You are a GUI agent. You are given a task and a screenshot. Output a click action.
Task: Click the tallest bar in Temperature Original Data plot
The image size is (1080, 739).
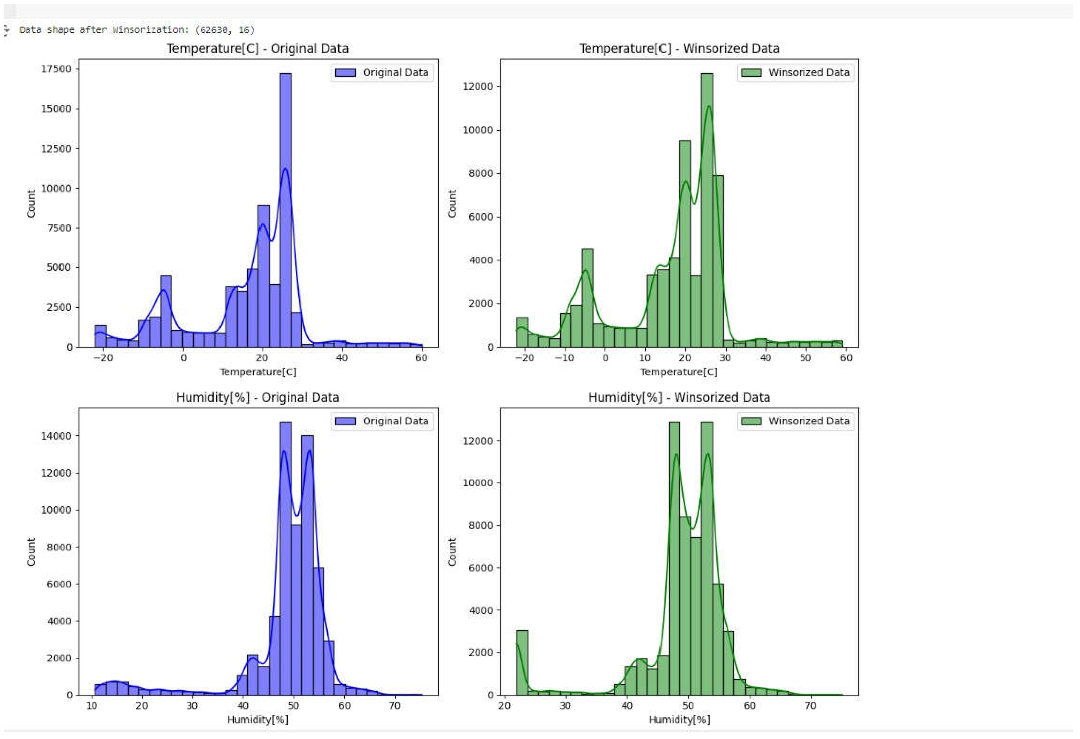(x=285, y=209)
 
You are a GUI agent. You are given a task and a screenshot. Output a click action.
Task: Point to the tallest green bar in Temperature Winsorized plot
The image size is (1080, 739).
(x=706, y=209)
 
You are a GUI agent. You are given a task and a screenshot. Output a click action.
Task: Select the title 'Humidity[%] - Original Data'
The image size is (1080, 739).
(x=257, y=398)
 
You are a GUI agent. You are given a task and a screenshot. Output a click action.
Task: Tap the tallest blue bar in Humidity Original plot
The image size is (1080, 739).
(x=285, y=558)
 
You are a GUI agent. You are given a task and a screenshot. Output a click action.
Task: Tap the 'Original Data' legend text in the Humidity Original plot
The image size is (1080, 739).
(x=395, y=421)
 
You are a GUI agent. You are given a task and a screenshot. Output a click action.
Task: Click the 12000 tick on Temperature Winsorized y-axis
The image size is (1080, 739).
(x=477, y=87)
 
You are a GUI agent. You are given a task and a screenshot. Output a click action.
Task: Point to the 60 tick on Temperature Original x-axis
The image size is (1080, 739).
(x=421, y=358)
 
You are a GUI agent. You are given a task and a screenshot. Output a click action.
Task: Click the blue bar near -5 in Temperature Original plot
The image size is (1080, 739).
(x=166, y=311)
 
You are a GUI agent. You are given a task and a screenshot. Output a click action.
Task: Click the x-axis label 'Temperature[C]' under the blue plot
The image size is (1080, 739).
(x=258, y=372)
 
